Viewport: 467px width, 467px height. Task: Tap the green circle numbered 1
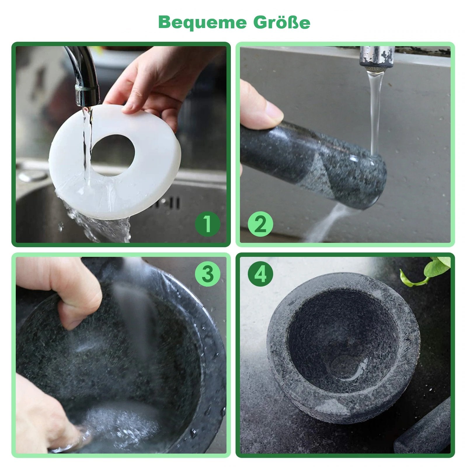[x=207, y=224]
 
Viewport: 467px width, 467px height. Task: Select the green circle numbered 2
[x=260, y=224]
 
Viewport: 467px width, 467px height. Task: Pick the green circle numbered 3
[x=207, y=274]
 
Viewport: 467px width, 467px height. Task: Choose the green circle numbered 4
[x=260, y=274]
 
